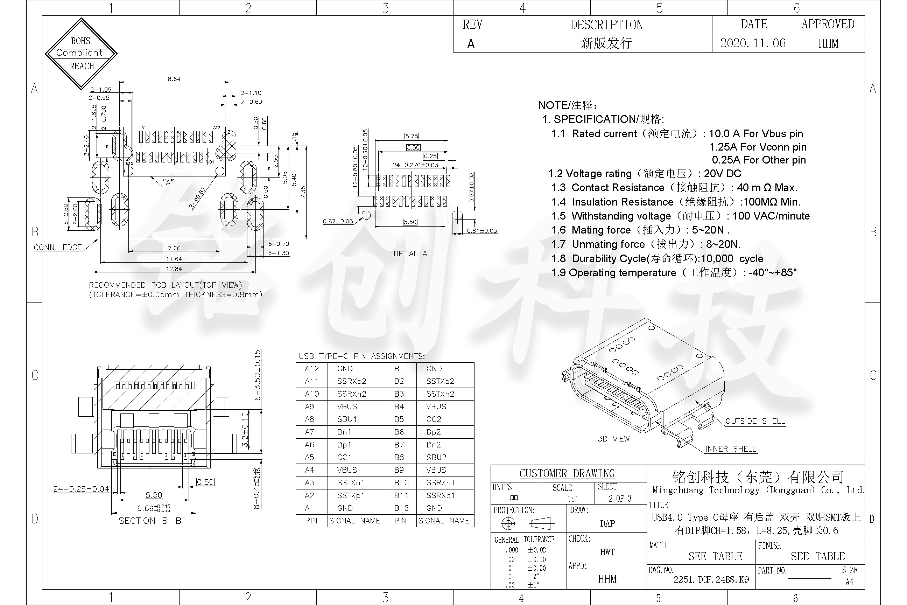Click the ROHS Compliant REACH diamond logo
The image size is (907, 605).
[x=81, y=53]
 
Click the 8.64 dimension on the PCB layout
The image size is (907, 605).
[x=174, y=79]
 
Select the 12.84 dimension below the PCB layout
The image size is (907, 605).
[x=174, y=269]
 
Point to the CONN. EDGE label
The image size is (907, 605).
[x=58, y=247]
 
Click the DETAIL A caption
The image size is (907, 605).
[x=410, y=253]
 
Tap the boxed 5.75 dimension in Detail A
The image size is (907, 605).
[x=412, y=136]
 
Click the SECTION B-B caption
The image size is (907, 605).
[x=150, y=521]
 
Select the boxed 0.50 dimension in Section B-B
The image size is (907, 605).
[x=205, y=482]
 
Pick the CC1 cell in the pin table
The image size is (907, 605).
[x=344, y=457]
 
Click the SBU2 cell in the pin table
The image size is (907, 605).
[x=436, y=457]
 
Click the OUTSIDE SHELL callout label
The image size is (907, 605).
[x=755, y=421]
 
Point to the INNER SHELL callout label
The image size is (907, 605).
[x=730, y=449]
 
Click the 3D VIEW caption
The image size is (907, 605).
[x=613, y=439]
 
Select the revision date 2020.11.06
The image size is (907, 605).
[x=752, y=43]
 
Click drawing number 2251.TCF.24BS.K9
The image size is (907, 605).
[x=711, y=579]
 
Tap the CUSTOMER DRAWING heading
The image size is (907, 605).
[x=567, y=473]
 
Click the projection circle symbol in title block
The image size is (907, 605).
[x=508, y=523]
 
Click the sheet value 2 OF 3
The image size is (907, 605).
[x=620, y=499]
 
